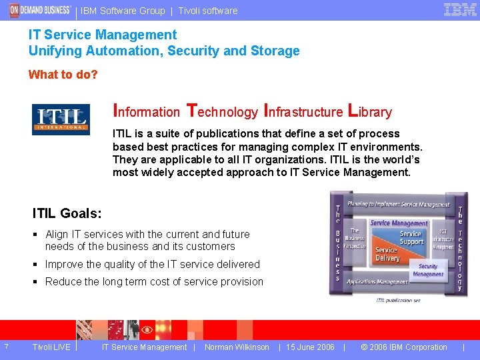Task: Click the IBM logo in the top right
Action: (x=460, y=10)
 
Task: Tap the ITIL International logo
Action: (x=61, y=119)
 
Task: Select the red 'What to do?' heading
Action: (x=63, y=75)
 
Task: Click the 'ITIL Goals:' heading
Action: (x=67, y=213)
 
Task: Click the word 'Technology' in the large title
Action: (x=222, y=111)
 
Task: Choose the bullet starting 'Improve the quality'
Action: (x=152, y=264)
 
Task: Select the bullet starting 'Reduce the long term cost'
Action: (x=154, y=281)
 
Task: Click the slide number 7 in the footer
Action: (x=6, y=347)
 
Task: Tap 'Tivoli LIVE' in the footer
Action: (x=51, y=347)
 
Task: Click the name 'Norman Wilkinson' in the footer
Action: (x=237, y=347)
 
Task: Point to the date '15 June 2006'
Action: (x=310, y=347)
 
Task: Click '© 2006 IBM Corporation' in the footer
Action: (x=403, y=347)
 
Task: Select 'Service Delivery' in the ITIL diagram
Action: (x=387, y=254)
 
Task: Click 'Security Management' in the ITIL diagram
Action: (x=428, y=270)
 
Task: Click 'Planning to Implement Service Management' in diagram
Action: (x=399, y=205)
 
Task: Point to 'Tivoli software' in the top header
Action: (x=208, y=11)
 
